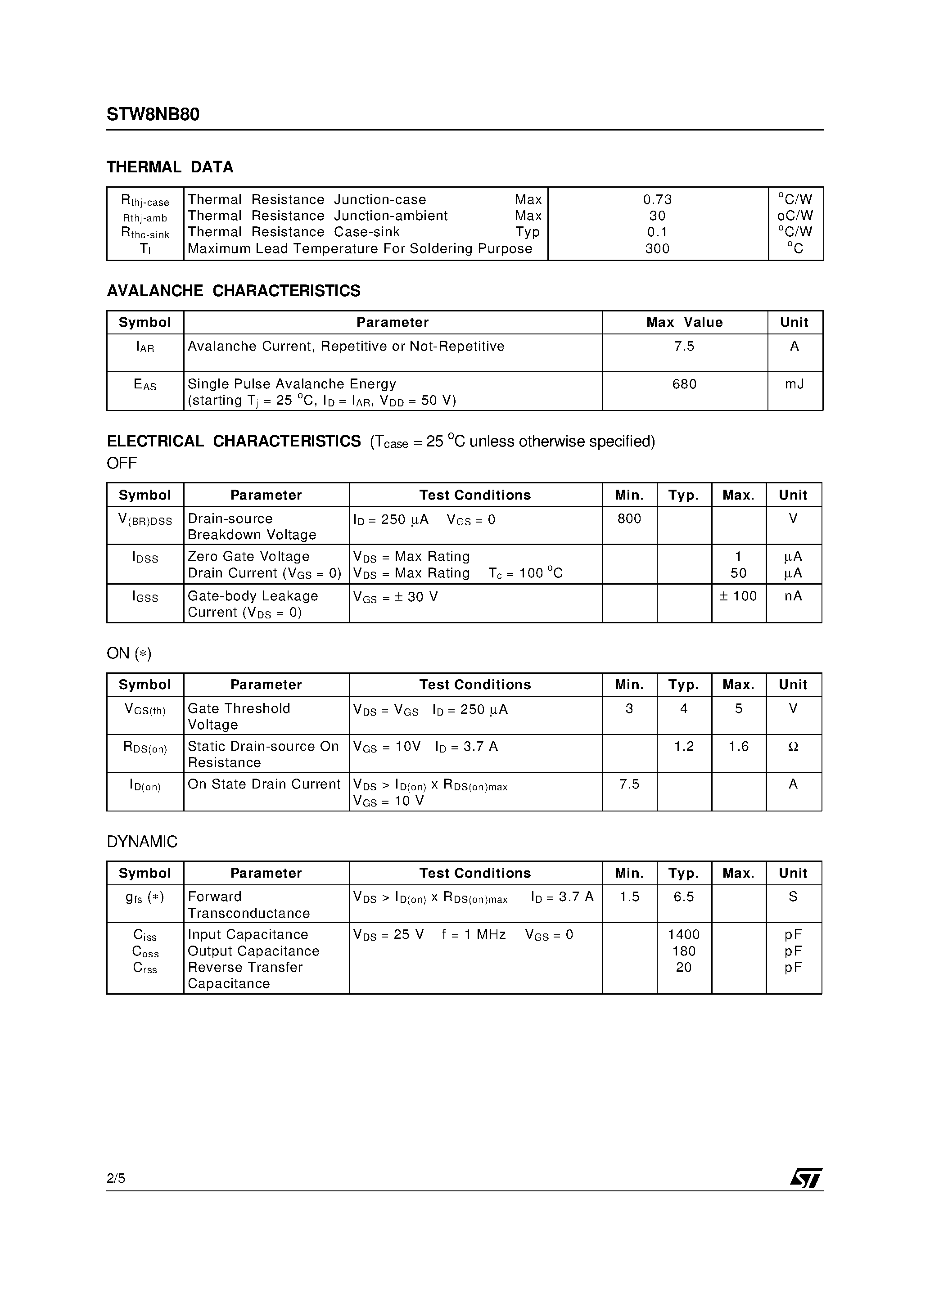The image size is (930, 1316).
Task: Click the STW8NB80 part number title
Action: (153, 115)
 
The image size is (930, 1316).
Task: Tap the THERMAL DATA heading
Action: (170, 167)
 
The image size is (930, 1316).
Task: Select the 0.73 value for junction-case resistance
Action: (657, 199)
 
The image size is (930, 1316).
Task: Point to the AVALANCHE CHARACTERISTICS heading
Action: (233, 291)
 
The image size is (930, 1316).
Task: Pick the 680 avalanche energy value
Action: (684, 384)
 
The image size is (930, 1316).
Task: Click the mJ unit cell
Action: (794, 384)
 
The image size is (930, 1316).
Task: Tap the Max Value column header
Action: (684, 322)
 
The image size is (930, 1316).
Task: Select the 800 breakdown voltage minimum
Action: (629, 519)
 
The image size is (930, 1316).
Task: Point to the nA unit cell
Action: (793, 596)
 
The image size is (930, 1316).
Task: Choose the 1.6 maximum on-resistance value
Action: (739, 746)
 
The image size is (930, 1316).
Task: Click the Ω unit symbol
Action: (793, 746)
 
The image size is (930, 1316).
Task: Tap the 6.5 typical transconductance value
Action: (683, 897)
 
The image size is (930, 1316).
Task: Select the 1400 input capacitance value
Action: (683, 934)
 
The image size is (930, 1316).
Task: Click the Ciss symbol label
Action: (144, 935)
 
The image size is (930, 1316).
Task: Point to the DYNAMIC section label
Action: (142, 842)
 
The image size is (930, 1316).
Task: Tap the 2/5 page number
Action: (116, 1178)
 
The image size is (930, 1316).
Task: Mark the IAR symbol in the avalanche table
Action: (144, 347)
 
